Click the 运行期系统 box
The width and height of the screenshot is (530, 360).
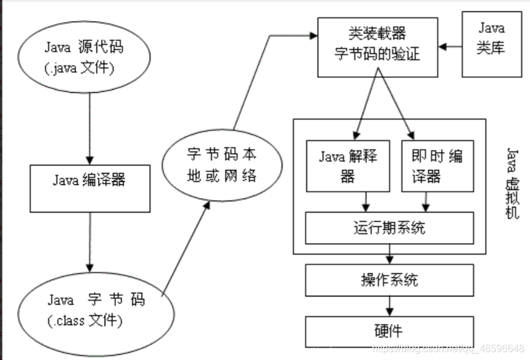pos(389,227)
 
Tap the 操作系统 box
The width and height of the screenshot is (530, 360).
pos(389,280)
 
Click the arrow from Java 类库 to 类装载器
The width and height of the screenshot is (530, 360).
pos(451,45)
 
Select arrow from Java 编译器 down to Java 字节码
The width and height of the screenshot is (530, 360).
pos(90,240)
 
